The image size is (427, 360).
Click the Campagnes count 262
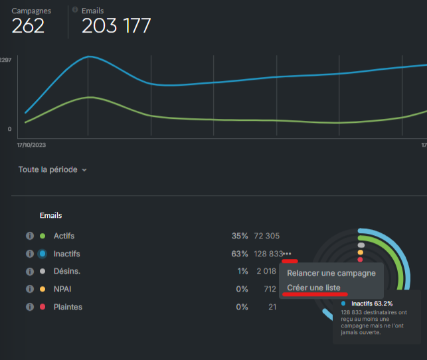[28, 25]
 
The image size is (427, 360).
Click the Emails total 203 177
[116, 25]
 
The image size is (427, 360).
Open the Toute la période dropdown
[52, 169]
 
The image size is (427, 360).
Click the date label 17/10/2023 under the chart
[36, 144]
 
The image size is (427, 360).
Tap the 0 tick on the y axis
[9, 129]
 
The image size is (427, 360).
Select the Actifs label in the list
[66, 236]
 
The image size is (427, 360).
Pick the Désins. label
[66, 271]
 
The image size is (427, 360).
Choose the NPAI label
[63, 289]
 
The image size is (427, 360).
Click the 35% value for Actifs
[240, 236]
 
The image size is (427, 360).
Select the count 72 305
[266, 236]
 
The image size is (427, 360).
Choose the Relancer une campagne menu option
[331, 273]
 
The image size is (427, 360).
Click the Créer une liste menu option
[313, 288]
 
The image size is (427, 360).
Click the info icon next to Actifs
[29, 236]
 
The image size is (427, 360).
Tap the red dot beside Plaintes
[43, 307]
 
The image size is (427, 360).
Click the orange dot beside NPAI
[43, 289]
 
